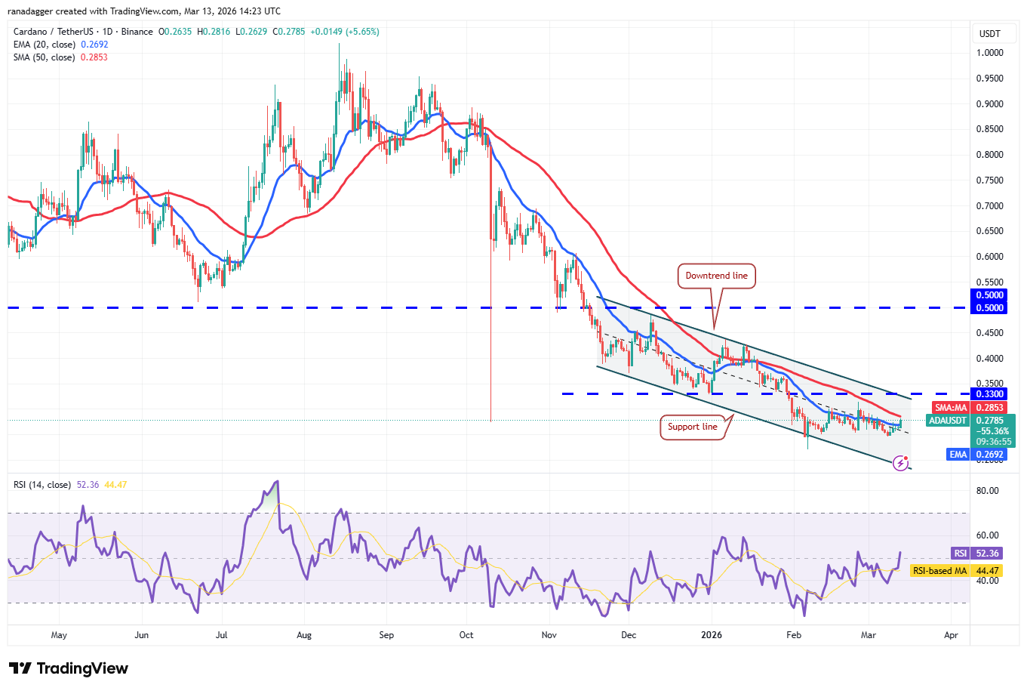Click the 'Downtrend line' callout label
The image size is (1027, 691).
coord(716,276)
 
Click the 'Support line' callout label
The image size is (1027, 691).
coord(692,427)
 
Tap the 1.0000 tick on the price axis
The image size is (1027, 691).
coord(989,53)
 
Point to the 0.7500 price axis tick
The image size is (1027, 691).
coord(989,180)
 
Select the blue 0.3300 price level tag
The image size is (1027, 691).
coord(989,394)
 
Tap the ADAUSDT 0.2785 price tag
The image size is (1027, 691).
coord(970,421)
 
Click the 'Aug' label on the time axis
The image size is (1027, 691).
coord(304,635)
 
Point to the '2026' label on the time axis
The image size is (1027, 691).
coord(712,635)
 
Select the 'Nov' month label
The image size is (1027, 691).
coord(549,635)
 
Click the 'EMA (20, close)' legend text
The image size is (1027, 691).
coord(45,45)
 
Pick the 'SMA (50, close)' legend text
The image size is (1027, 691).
coord(45,57)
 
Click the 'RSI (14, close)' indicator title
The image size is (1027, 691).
coord(42,485)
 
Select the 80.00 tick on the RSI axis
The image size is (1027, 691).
coord(987,491)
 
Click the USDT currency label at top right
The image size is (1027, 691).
coord(989,34)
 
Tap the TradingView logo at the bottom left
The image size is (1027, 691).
coord(69,668)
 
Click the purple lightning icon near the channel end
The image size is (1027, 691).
coord(900,463)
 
